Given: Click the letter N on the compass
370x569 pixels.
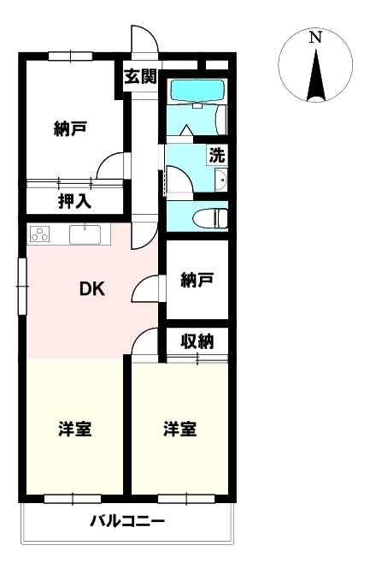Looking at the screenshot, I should (x=315, y=38).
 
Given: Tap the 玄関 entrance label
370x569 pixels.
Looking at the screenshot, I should (x=140, y=77).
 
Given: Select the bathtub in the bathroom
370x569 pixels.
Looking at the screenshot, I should (x=196, y=91).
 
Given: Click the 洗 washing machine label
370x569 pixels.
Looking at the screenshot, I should (x=218, y=156).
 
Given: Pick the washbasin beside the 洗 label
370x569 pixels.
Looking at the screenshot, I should (x=221, y=180).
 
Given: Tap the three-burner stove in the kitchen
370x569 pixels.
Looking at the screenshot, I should (x=39, y=234).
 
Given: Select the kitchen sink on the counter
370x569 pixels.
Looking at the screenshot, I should (x=85, y=234).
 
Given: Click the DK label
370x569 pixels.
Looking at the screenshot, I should (x=92, y=289).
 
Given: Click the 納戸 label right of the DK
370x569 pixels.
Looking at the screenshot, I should (x=197, y=279).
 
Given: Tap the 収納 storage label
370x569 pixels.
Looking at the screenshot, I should (x=197, y=341).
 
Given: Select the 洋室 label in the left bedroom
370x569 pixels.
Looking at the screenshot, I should (x=75, y=429).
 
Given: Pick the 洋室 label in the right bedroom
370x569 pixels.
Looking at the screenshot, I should (x=180, y=429).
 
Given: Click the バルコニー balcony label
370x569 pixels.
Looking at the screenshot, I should (x=128, y=521).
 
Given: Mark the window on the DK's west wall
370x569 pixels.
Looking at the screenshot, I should (x=22, y=279).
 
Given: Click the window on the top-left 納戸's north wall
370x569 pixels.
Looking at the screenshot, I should (x=70, y=56).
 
